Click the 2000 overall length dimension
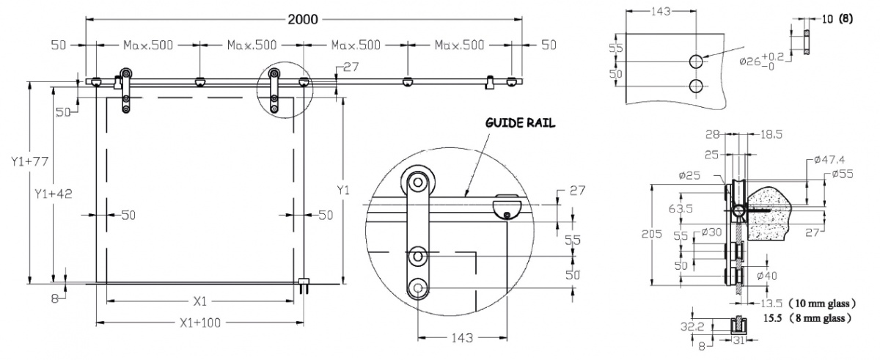pos(302,19)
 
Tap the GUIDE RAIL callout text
pos(520,123)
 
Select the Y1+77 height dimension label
pos(30,161)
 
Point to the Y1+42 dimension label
pos(54,194)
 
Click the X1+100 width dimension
pos(200,323)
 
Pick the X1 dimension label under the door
pos(200,301)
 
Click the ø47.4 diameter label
pos(829,160)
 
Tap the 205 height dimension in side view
pos(652,234)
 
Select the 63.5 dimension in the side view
pos(681,208)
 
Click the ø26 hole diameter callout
pos(761,62)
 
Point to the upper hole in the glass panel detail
pos(696,62)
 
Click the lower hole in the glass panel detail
pos(696,86)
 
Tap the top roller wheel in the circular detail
pos(418,183)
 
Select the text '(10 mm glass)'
pos(823,304)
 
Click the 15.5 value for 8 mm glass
pos(772,318)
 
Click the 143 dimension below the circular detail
pos(462,337)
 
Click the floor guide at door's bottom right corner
pos(304,285)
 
